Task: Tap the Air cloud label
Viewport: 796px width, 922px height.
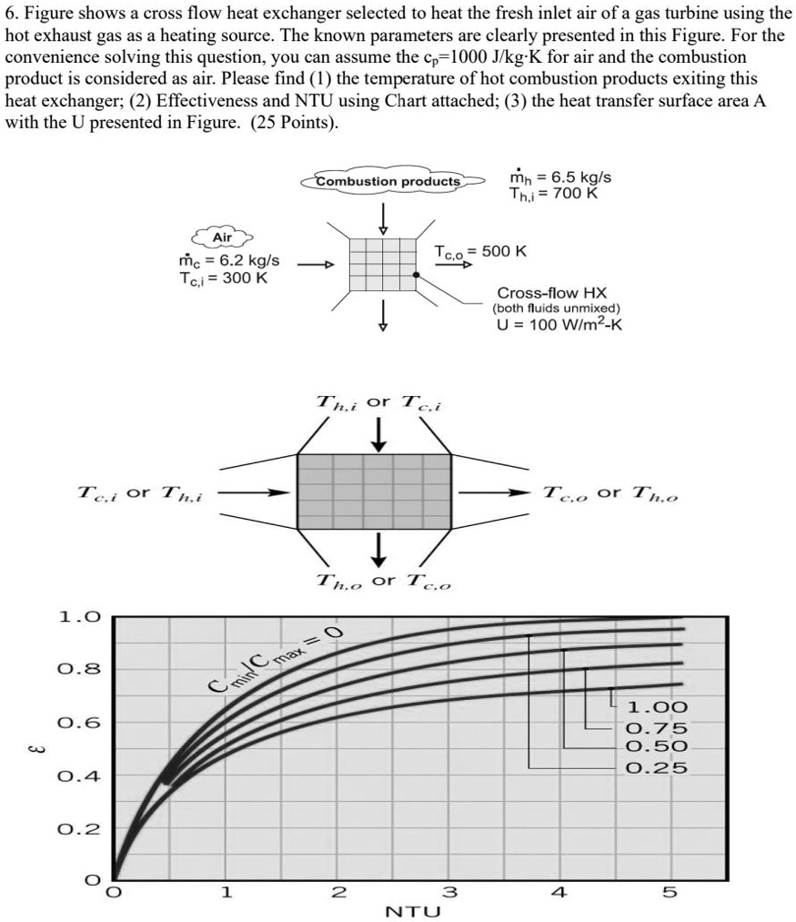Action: pos(222,238)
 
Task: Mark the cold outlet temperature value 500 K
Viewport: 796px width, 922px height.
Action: pos(507,251)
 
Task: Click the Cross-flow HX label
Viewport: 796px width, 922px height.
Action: pos(551,293)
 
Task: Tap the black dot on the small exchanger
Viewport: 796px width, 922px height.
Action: pos(416,273)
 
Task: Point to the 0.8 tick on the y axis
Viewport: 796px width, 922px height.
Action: pos(73,670)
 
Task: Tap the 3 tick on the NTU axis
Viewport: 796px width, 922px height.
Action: pos(446,893)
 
